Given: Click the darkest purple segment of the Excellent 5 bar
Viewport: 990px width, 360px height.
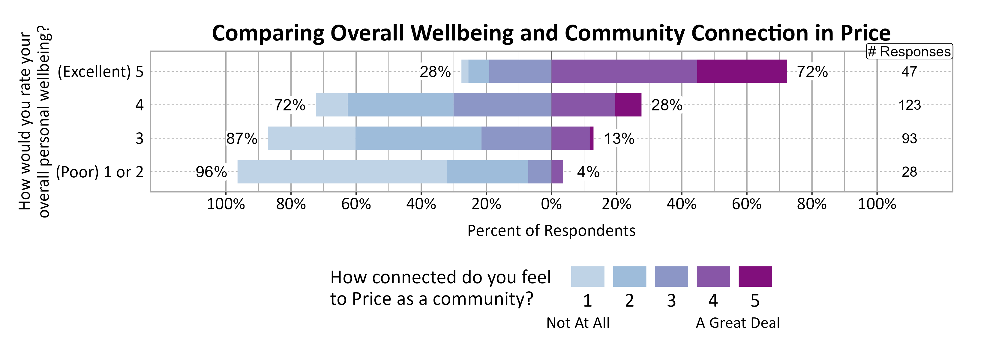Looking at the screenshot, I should click(742, 71).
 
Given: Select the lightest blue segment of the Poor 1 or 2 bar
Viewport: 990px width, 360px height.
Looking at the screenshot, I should click(342, 172).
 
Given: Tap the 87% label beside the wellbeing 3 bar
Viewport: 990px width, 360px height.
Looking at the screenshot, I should click(241, 138).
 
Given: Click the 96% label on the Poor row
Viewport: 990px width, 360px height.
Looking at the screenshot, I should click(211, 172).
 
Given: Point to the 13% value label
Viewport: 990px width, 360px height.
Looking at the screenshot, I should click(619, 138).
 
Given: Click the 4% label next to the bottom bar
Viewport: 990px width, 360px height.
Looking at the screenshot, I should click(588, 172).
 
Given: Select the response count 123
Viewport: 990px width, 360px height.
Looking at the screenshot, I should click(909, 105).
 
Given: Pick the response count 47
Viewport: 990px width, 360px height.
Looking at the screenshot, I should click(909, 71).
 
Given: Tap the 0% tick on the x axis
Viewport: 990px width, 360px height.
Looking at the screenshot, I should click(551, 204).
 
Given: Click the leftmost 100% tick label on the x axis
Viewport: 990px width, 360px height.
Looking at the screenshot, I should click(226, 204).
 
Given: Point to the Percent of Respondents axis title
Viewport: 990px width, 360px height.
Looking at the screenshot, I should click(551, 230).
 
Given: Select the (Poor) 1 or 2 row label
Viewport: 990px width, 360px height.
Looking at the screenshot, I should click(100, 172).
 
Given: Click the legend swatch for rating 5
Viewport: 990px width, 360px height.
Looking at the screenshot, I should click(755, 277).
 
